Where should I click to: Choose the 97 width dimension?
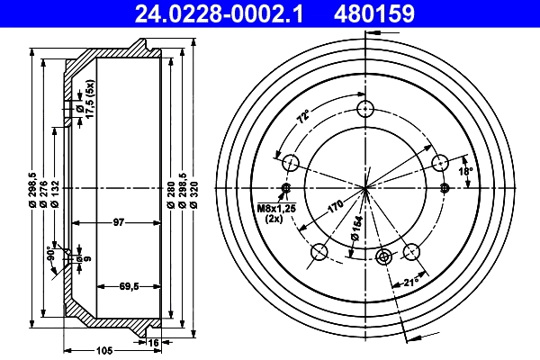click(118, 220)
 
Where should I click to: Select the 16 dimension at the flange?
click(154, 343)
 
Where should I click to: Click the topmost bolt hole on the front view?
click(364, 110)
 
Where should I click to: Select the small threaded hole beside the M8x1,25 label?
click(286, 188)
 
